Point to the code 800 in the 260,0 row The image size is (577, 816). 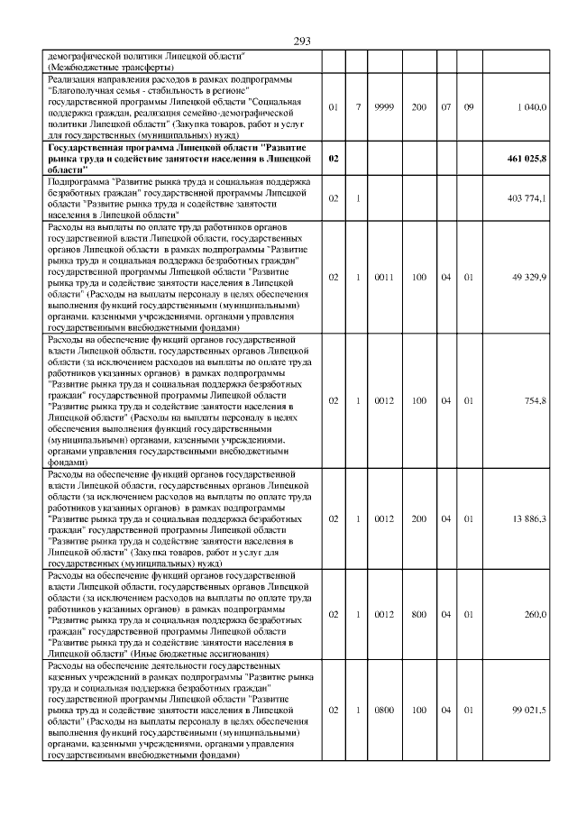[x=419, y=614]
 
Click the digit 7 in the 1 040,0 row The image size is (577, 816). [x=358, y=107]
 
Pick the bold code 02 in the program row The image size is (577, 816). [x=333, y=158]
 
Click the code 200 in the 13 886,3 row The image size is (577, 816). [x=419, y=518]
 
